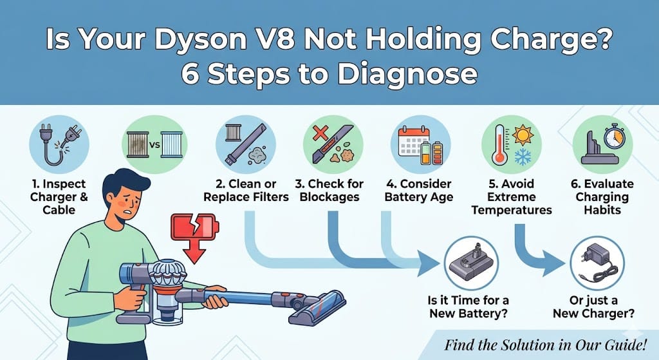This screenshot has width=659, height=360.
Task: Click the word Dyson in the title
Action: pos(201,40)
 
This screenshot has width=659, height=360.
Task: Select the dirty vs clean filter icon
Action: pos(154,145)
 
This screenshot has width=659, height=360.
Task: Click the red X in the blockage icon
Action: pos(320,134)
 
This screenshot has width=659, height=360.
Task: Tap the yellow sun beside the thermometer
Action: pos(523,135)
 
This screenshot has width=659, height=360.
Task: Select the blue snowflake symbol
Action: pos(523,157)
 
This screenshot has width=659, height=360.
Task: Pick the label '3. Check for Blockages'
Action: pos(329,191)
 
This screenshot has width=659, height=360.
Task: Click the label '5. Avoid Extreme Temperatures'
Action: pos(512,197)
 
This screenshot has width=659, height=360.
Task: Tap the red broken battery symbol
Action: pos(194,227)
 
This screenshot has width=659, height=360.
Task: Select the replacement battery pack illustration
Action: pos(471,263)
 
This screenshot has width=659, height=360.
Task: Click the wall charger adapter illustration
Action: pos(597,263)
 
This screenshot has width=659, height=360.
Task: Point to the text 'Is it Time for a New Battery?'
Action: pos(469,307)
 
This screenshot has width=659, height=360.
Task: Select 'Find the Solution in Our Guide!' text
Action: pos(545,345)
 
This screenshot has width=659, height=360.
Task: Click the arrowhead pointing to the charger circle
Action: pos(554,263)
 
